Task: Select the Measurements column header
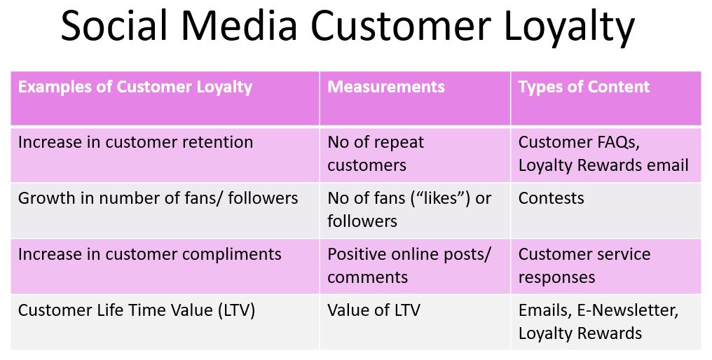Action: [386, 87]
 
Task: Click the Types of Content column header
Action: [584, 87]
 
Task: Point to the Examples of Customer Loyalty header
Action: [135, 87]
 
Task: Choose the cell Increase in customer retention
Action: [135, 143]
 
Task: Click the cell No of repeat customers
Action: [376, 154]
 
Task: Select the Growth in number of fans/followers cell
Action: [158, 198]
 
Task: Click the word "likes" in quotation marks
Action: [443, 198]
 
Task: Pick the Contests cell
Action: [552, 198]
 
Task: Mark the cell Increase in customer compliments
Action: [149, 254]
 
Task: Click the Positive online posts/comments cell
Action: [409, 265]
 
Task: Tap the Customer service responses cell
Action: [584, 265]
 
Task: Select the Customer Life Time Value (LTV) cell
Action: [136, 310]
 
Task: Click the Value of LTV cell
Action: [374, 310]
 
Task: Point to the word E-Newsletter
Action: [627, 310]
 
